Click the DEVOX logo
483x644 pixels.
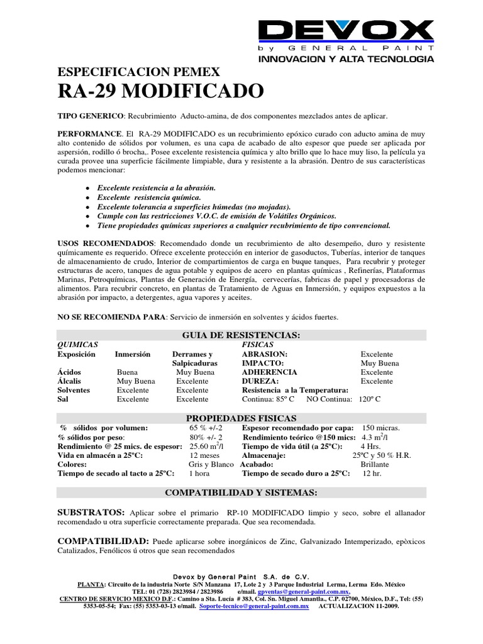tap(346, 32)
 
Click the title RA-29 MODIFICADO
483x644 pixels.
tap(160, 92)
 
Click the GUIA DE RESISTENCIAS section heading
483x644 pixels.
tap(241, 335)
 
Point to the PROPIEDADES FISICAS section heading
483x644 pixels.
tap(241, 418)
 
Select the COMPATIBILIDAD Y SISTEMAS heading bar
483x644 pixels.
tap(241, 491)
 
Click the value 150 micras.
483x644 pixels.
tap(381, 428)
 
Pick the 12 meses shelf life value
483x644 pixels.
tap(204, 455)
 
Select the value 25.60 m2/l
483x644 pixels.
tap(207, 446)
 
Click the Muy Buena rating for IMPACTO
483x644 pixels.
tap(379, 364)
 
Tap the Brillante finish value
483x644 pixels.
tap(375, 464)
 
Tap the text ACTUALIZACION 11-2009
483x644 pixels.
tap(358, 606)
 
